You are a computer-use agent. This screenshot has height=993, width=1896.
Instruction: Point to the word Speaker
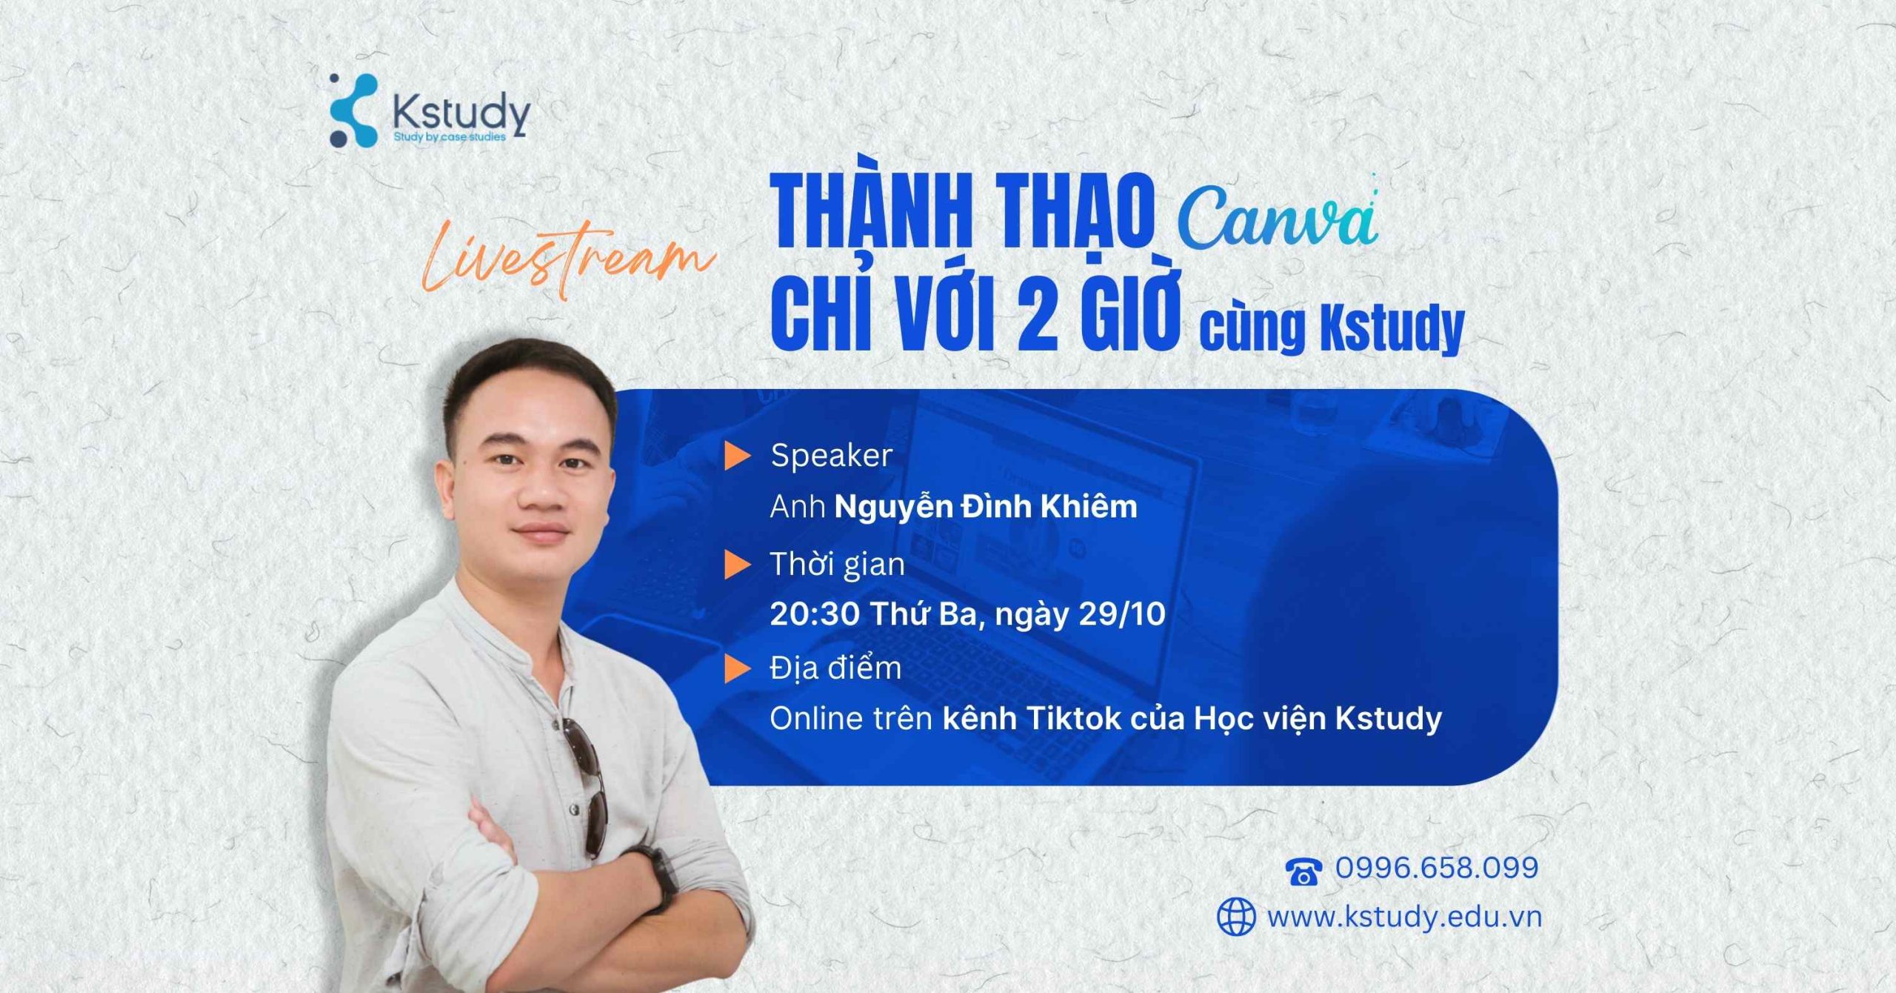coord(831,455)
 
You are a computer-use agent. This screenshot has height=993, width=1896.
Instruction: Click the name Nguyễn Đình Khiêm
coord(986,508)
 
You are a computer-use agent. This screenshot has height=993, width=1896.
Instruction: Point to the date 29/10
coord(1122,614)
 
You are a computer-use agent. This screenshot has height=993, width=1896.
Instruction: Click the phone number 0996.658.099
coord(1437,867)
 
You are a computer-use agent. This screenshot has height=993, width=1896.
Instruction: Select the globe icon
coord(1236,916)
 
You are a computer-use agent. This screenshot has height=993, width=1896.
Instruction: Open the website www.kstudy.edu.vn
coord(1405,917)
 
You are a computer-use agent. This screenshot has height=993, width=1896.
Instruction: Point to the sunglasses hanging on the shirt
coord(585,786)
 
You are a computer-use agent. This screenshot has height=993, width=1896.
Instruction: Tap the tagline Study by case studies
coord(450,137)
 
